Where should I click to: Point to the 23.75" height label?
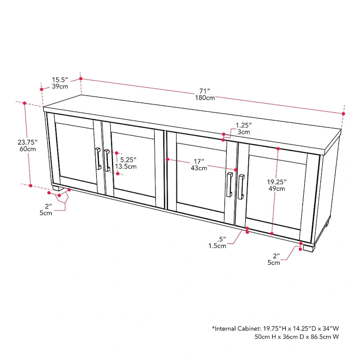pyautogui.click(x=27, y=142)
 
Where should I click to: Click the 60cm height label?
pyautogui.click(x=27, y=149)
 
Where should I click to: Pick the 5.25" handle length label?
pyautogui.click(x=128, y=160)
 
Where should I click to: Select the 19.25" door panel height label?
pyautogui.click(x=277, y=182)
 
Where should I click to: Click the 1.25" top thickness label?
pyautogui.click(x=243, y=125)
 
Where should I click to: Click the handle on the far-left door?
pyautogui.click(x=98, y=158)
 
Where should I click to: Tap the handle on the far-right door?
pyautogui.click(x=241, y=186)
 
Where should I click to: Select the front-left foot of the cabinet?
pyautogui.click(x=56, y=189)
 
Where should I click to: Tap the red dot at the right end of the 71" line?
pyautogui.click(x=343, y=114)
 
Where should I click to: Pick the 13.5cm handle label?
pyautogui.click(x=126, y=166)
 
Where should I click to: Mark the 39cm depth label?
pyautogui.click(x=60, y=86)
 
